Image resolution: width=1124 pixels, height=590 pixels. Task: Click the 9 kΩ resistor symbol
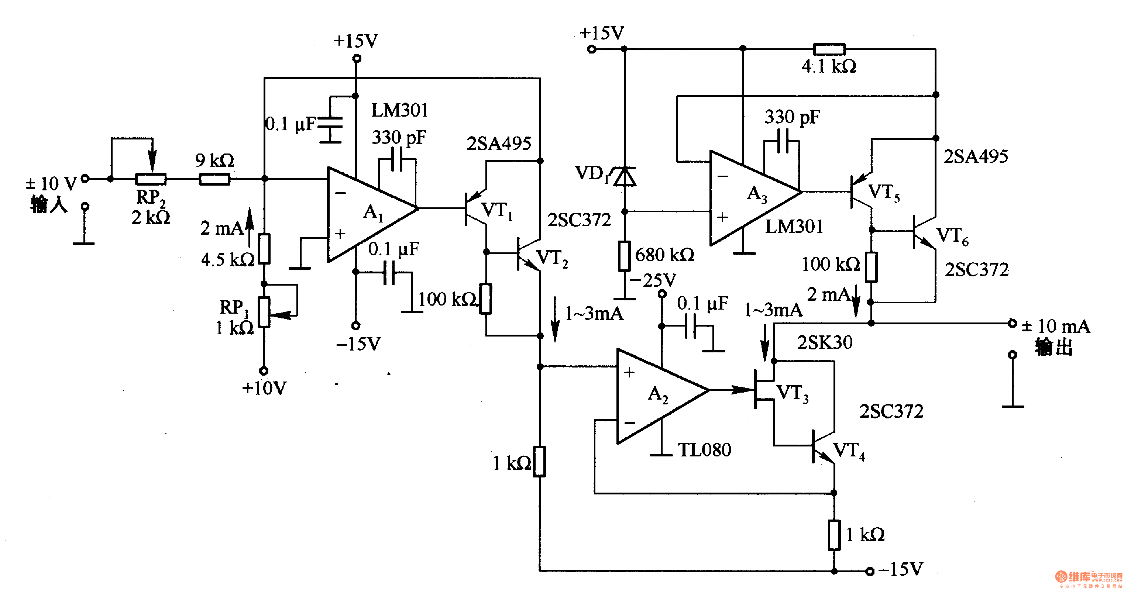coord(214,179)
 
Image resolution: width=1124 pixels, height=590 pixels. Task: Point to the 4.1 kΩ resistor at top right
coord(829,49)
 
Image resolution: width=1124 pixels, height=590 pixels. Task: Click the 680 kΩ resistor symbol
coord(625,256)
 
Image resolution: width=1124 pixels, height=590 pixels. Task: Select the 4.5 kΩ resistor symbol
coord(264,249)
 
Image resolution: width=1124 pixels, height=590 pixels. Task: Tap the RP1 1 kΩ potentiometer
coord(264,312)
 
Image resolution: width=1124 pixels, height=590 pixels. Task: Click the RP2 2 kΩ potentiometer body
coord(151,179)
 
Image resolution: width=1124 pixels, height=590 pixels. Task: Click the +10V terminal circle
coord(264,371)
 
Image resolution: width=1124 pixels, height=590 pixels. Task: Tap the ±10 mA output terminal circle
coord(1012,323)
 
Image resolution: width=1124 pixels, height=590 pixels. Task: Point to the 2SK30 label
coord(824,342)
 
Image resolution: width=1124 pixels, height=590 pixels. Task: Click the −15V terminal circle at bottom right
coord(870,571)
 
